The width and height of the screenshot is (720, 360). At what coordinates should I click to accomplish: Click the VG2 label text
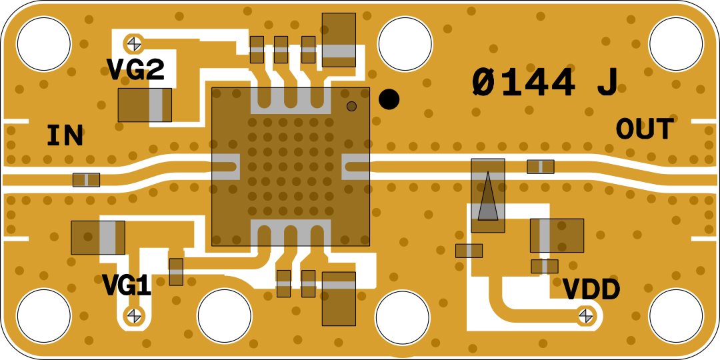coord(135,70)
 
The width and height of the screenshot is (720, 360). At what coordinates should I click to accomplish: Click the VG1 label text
coord(127,286)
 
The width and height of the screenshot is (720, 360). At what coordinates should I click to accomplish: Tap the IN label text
coord(65,136)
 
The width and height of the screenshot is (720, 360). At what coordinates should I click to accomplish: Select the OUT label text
coord(645,129)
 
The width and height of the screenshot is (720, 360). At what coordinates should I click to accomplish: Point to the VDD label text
coord(591,290)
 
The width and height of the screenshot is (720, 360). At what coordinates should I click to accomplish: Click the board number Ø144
coord(523,83)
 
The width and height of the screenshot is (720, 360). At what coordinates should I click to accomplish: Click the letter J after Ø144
coord(607,83)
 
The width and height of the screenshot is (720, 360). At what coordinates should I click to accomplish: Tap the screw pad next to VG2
coord(134,43)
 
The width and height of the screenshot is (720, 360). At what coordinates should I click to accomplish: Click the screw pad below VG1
coord(134,315)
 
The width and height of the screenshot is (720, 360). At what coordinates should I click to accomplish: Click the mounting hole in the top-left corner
coord(43,44)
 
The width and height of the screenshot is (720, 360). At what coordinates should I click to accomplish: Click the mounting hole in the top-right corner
coord(675,44)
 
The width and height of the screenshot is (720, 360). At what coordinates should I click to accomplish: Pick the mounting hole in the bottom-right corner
coord(675,316)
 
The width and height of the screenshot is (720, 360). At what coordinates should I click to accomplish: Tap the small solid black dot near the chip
coord(389,99)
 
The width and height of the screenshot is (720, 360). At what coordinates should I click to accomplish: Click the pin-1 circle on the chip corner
coord(351,106)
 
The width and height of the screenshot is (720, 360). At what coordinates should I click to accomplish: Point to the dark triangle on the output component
coord(488,198)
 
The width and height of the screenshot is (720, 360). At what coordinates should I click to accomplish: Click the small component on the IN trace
coord(86,180)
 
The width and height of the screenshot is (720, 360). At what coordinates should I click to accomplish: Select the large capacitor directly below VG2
coord(145,105)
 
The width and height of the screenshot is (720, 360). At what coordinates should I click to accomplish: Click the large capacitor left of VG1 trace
coord(98,237)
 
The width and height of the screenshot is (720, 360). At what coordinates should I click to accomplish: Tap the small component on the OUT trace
coord(540,167)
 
